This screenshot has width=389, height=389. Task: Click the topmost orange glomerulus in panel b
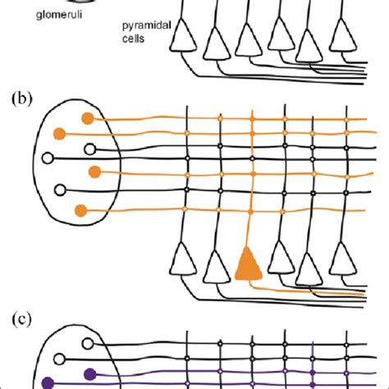[x=86, y=118]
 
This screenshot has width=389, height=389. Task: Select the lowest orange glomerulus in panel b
[x=80, y=210]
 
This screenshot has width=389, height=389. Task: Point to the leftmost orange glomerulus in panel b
[x=58, y=134]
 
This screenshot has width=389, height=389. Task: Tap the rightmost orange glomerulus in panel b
[x=95, y=172]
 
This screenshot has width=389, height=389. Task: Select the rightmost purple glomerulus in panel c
[x=89, y=375]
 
